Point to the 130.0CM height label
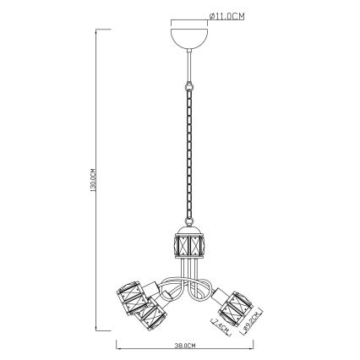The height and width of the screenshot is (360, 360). click(93, 181)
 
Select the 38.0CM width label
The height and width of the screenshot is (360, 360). click(184, 346)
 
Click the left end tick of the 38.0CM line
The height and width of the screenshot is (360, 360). click(115, 346)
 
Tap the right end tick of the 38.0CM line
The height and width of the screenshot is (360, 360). click(254, 346)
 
